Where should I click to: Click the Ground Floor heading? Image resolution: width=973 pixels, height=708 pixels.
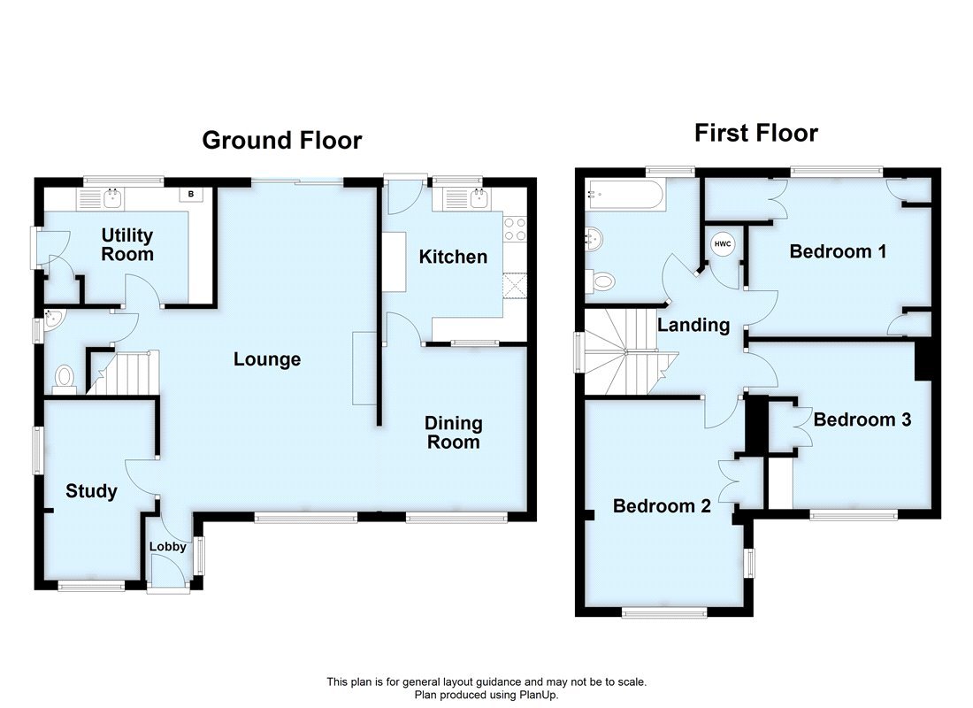point(282,141)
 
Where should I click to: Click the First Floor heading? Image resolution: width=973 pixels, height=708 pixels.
point(755,134)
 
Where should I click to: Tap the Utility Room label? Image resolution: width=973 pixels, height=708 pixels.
point(127,245)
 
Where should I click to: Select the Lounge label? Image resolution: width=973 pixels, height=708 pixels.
point(267,359)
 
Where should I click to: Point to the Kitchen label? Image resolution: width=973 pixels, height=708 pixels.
point(453,257)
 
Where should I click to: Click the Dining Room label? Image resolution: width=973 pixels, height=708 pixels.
point(453,433)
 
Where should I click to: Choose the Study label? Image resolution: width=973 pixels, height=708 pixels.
point(91,491)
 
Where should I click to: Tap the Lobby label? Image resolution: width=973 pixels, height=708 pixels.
point(167,546)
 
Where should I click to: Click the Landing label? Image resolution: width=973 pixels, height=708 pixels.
point(693,325)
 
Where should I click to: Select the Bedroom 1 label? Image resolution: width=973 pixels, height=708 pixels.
point(838,251)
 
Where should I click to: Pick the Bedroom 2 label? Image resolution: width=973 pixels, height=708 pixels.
point(662,506)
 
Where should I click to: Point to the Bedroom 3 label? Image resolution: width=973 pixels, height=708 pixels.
point(862,419)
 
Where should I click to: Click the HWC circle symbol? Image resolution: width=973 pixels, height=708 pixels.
point(722,244)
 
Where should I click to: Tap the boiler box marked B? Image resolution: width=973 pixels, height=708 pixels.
point(190,195)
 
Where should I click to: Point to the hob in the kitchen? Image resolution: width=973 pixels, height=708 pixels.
point(515,229)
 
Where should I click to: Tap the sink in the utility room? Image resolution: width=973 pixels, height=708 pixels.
point(112,199)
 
